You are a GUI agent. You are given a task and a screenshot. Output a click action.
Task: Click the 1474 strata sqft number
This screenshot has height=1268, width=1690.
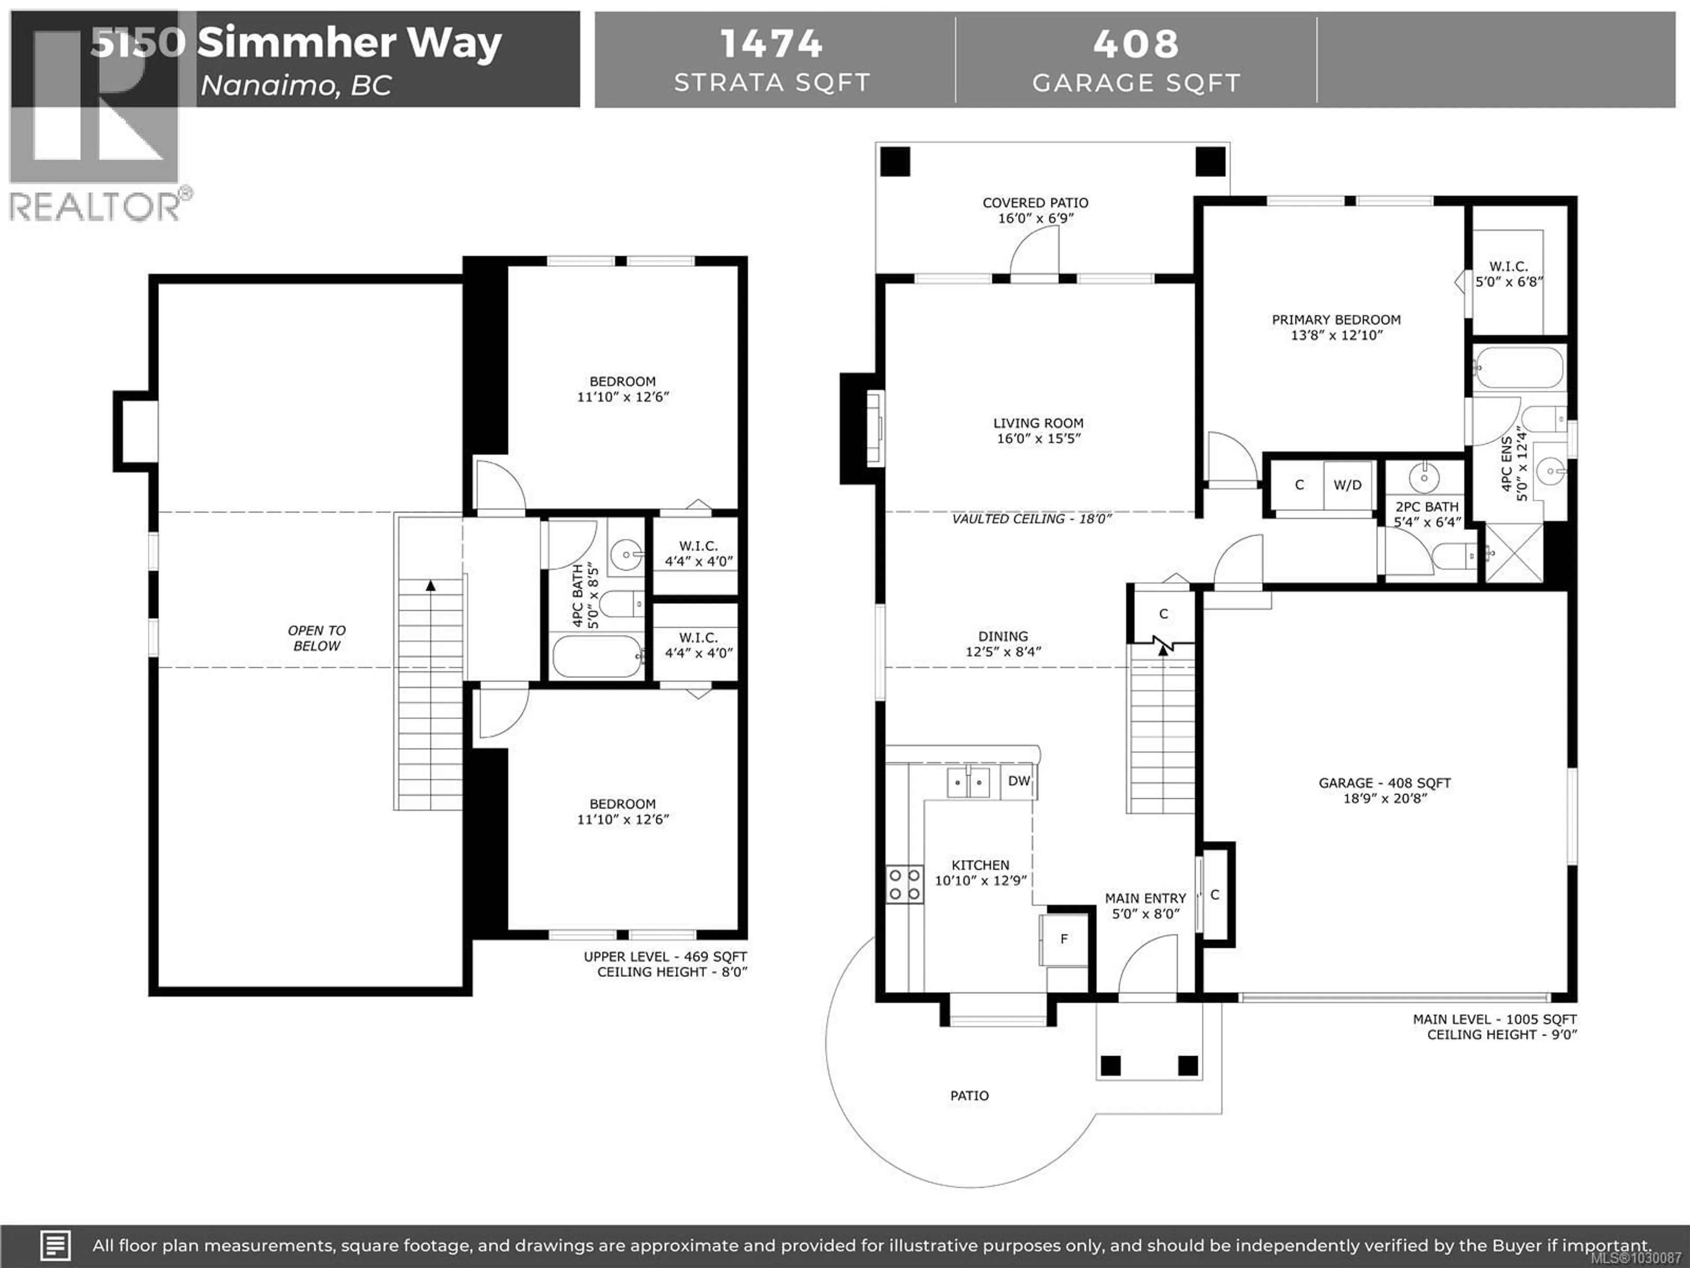pyautogui.click(x=771, y=44)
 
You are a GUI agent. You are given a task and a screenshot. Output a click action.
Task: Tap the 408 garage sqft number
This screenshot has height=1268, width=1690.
pyautogui.click(x=1135, y=44)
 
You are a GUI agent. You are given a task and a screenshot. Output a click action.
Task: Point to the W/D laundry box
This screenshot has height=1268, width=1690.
pyautogui.click(x=1348, y=485)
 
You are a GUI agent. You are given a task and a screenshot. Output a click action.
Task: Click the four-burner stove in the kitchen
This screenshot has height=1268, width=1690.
pyautogui.click(x=904, y=885)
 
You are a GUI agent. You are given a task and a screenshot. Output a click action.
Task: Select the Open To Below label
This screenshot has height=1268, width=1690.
pyautogui.click(x=316, y=638)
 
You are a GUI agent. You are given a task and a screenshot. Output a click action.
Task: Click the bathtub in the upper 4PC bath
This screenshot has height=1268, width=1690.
pyautogui.click(x=597, y=656)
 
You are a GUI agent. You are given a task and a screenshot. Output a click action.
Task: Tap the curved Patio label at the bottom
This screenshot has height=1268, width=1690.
pyautogui.click(x=969, y=1095)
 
